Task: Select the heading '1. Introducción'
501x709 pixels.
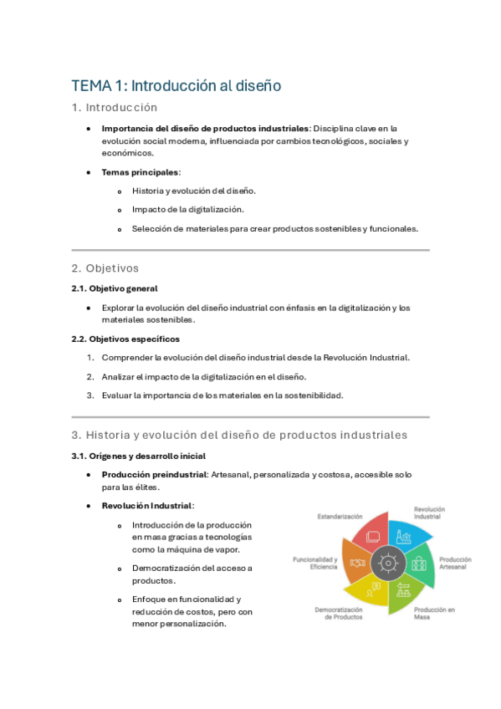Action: point(115,108)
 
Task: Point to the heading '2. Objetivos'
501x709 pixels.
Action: point(105,268)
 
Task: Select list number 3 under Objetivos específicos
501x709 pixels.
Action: point(90,395)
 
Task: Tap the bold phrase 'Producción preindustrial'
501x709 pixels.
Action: point(154,475)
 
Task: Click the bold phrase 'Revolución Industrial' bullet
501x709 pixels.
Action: point(147,506)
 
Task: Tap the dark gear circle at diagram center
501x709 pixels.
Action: point(387,563)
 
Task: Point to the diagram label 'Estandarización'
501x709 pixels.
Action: point(340,517)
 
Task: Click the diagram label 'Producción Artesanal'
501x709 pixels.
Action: point(454,564)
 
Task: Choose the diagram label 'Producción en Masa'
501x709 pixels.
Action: point(434,614)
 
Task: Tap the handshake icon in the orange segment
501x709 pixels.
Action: point(358,563)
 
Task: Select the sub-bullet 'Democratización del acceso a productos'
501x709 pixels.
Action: point(192,574)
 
